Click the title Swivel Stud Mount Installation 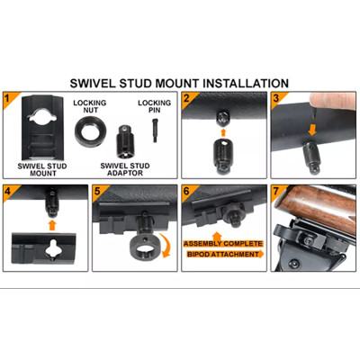pos(179,83)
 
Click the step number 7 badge pos(276,190)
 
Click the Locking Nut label pos(90,106)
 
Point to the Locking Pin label pos(154,106)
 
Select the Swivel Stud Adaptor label pos(125,169)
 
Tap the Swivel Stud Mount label pos(42,169)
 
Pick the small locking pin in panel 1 pos(155,130)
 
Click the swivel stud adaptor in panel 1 pos(125,141)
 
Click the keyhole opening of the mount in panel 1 pos(42,115)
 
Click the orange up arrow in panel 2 pos(223,132)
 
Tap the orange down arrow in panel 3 pos(312,130)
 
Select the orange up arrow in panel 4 pos(52,225)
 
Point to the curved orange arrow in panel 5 pos(166,247)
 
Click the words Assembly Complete pos(223,244)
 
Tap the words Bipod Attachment pos(223,255)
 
